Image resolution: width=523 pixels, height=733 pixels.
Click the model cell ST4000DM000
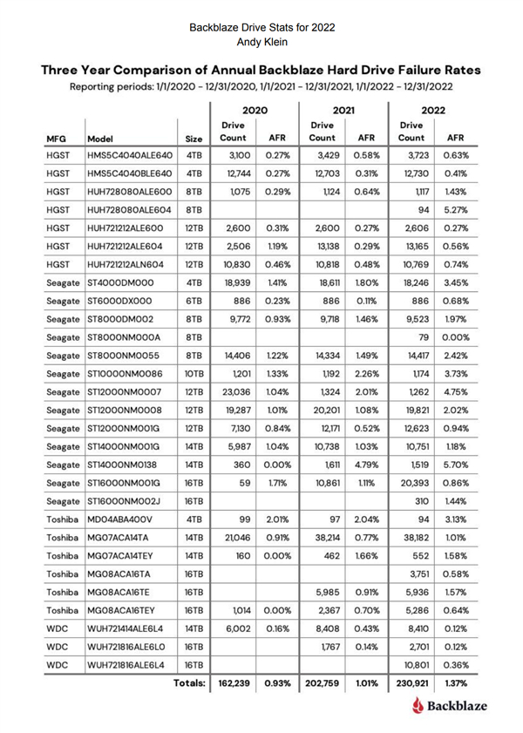tap(119, 259)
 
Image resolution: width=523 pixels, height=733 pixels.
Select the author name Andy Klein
tap(261, 40)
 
